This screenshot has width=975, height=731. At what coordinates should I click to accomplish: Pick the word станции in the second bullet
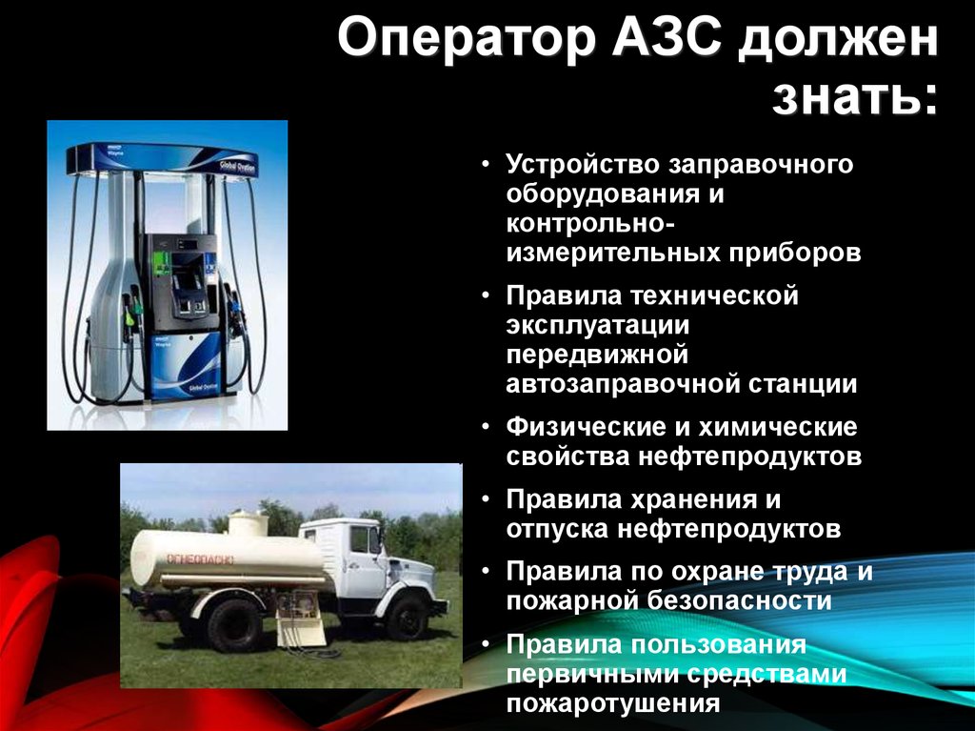pos(802,384)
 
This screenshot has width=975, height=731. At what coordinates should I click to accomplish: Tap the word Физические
pos(585,427)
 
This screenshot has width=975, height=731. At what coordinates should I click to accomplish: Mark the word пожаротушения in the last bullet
pos(613,704)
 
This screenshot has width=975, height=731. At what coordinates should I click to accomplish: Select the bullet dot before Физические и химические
pos(486,427)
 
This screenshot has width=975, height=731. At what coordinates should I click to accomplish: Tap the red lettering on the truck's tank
pos(199,559)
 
